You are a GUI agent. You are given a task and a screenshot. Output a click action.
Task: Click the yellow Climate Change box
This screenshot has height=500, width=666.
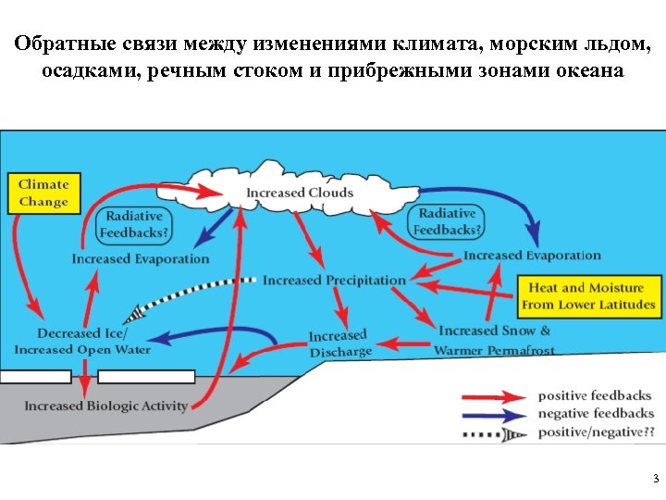click(43, 193)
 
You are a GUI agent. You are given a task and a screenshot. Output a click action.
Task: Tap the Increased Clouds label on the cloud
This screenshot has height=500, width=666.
click(300, 193)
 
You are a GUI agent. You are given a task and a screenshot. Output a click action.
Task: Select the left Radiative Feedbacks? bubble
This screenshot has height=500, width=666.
click(134, 224)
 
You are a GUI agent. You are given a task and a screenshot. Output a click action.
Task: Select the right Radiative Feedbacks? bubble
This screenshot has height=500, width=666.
click(447, 221)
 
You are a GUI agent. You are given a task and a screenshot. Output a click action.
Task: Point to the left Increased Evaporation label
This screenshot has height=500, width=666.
click(141, 259)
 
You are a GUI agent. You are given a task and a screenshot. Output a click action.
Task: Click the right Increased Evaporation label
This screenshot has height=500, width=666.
click(532, 256)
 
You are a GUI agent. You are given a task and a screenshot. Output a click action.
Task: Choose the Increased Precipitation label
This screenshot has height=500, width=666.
click(334, 280)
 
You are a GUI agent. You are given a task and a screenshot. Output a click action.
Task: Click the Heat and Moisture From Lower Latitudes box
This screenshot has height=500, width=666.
click(588, 296)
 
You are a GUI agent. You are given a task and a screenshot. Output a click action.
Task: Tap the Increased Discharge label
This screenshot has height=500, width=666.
click(339, 343)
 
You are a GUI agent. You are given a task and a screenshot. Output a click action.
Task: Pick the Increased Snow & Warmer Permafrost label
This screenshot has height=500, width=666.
click(494, 340)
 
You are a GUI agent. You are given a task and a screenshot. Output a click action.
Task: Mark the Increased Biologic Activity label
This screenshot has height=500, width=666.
click(105, 406)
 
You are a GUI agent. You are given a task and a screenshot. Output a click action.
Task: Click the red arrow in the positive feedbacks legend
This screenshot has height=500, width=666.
click(494, 396)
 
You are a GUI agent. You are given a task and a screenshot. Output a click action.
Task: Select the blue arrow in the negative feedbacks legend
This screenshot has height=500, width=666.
click(494, 413)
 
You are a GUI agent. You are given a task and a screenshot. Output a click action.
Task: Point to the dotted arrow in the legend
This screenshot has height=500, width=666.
click(494, 431)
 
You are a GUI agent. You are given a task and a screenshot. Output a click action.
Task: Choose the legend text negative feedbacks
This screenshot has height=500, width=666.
click(596, 413)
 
